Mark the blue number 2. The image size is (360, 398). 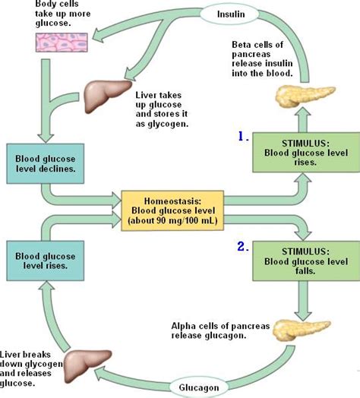pyautogui.click(x=242, y=247)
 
